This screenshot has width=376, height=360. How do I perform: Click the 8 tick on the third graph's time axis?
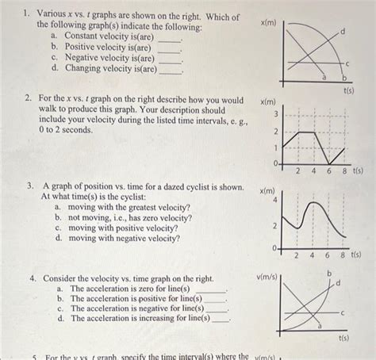point(343,255)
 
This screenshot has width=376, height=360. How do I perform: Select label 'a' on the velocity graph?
point(319,325)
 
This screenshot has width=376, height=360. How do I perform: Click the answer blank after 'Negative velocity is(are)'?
point(170,59)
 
